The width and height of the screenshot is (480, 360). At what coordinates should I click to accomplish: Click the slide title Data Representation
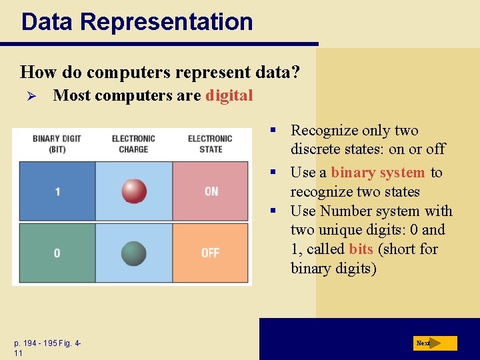[137, 21]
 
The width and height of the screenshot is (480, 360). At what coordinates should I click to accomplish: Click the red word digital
[229, 95]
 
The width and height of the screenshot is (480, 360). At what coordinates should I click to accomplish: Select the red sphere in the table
[134, 191]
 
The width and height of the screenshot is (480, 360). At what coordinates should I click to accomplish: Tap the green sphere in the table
[134, 253]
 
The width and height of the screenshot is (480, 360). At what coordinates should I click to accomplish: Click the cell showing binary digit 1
[57, 191]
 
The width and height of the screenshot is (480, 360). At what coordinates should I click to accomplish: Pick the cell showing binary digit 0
[57, 253]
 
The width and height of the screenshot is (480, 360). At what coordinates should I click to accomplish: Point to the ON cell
[211, 191]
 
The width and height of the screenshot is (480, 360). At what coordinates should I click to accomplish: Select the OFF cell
[211, 253]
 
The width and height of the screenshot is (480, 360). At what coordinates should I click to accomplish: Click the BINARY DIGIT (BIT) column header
[57, 143]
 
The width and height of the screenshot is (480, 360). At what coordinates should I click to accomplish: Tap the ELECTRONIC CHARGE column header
[133, 143]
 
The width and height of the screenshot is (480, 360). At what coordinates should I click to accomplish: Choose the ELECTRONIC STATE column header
[210, 143]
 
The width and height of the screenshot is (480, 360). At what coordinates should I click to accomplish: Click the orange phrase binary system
[377, 173]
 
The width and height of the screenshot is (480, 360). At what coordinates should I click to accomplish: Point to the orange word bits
[361, 249]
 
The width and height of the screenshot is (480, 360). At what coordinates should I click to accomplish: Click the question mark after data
[295, 71]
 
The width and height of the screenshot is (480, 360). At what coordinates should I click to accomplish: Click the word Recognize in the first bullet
[321, 130]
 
